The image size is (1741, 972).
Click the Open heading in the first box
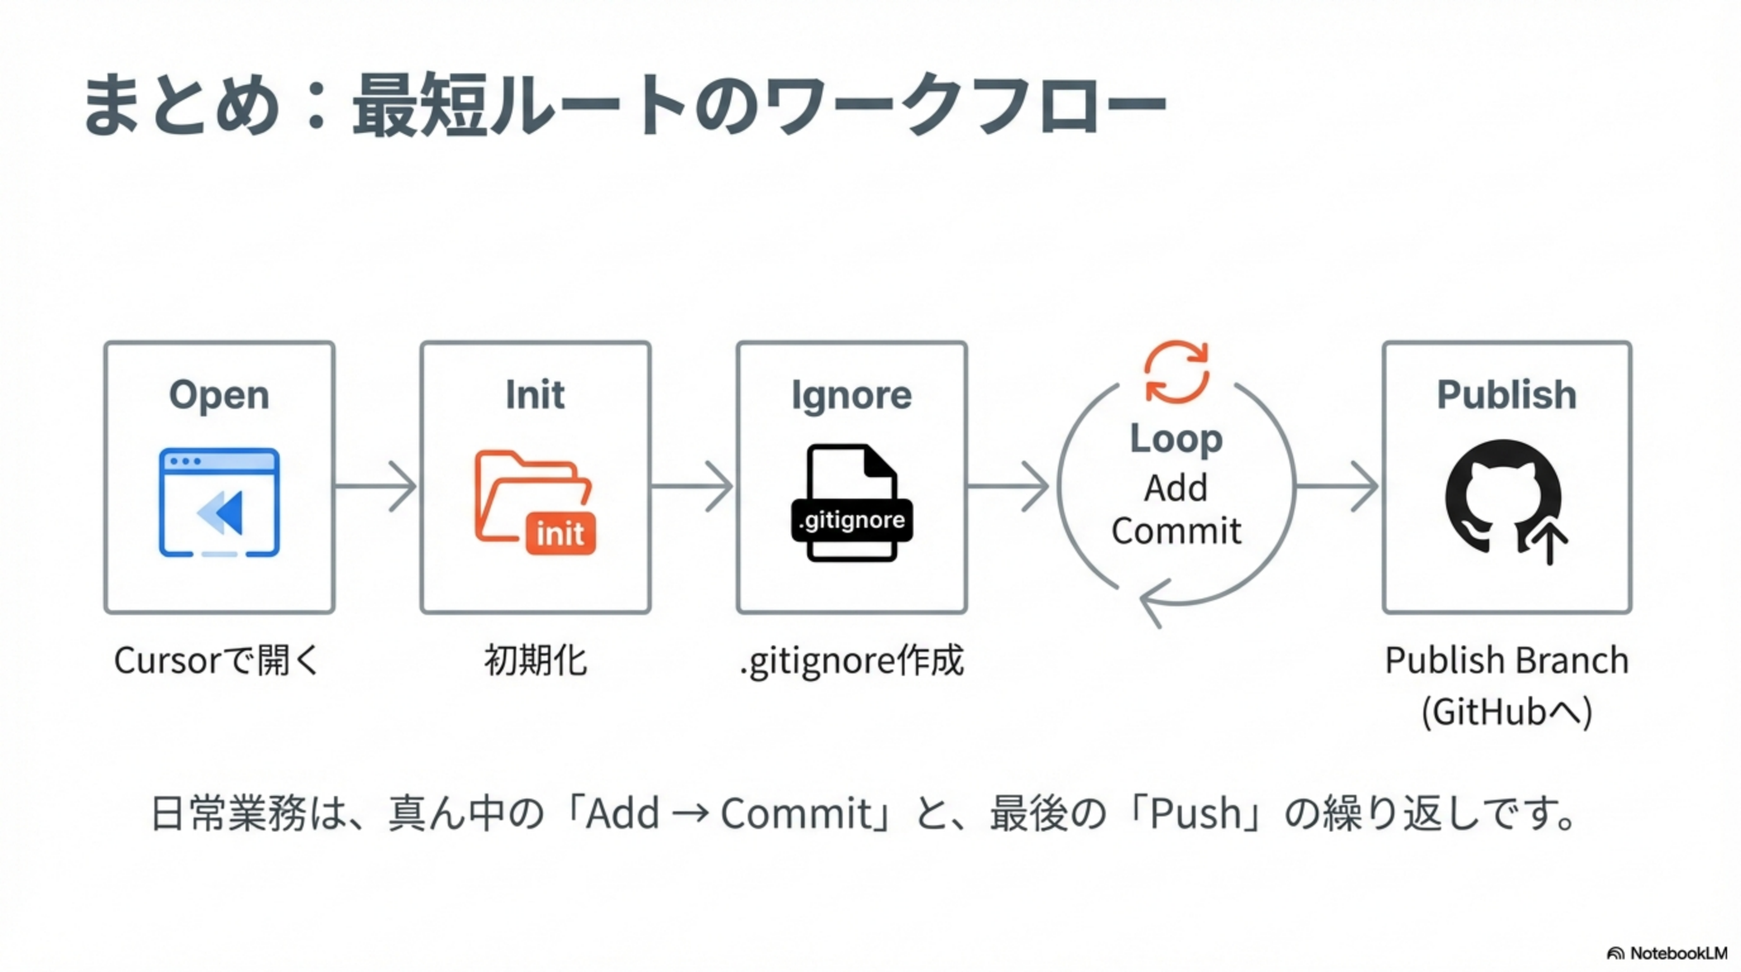pyautogui.click(x=219, y=395)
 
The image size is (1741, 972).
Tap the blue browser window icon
pyautogui.click(x=219, y=502)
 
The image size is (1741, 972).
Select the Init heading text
pyautogui.click(x=535, y=395)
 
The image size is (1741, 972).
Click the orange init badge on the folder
pyautogui.click(x=561, y=534)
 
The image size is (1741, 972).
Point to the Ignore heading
pyautogui.click(x=851, y=395)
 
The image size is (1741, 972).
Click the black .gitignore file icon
pyautogui.click(x=852, y=503)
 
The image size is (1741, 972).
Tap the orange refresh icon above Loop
pyautogui.click(x=1176, y=371)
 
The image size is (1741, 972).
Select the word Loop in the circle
pyautogui.click(x=1176, y=439)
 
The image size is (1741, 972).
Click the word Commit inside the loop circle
pyautogui.click(x=1176, y=530)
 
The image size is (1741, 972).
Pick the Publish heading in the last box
pyautogui.click(x=1506, y=395)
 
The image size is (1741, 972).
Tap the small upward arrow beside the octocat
pyautogui.click(x=1550, y=544)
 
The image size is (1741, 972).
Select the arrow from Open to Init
pyautogui.click(x=376, y=486)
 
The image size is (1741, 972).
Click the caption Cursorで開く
pyautogui.click(x=216, y=661)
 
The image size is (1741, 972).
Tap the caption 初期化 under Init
pyautogui.click(x=535, y=661)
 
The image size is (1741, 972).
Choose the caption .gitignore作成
pyautogui.click(x=852, y=661)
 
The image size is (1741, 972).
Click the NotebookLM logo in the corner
pyautogui.click(x=1666, y=953)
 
